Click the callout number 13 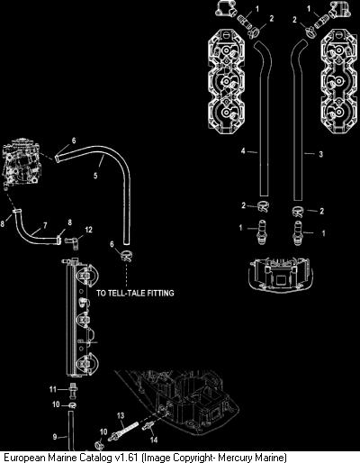(x=121, y=415)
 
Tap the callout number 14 (x=154, y=440)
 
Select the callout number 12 (x=88, y=230)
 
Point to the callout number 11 (x=53, y=389)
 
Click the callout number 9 (x=55, y=437)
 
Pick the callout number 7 (x=45, y=225)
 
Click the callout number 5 (x=95, y=176)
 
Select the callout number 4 (x=243, y=150)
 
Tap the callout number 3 (x=320, y=154)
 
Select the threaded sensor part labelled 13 (x=123, y=431)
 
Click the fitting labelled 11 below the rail (x=72, y=389)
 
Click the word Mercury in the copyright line (x=235, y=458)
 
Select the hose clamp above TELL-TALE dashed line (x=127, y=257)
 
